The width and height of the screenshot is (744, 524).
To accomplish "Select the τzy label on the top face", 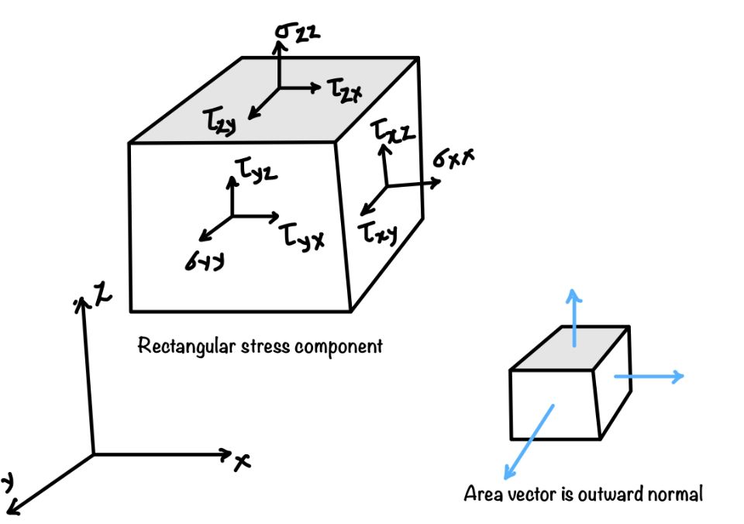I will pyautogui.click(x=219, y=121).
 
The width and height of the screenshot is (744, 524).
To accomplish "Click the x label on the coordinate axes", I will pyautogui.click(x=243, y=462).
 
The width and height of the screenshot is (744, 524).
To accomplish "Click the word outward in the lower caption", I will pyautogui.click(x=608, y=493).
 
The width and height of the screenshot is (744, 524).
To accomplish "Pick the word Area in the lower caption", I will pyautogui.click(x=483, y=493).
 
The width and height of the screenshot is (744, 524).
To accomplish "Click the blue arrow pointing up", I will pyautogui.click(x=573, y=318).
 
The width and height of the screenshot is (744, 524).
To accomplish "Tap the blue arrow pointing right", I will pyautogui.click(x=649, y=377).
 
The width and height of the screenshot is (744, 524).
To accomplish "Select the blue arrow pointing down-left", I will pyautogui.click(x=529, y=440).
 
